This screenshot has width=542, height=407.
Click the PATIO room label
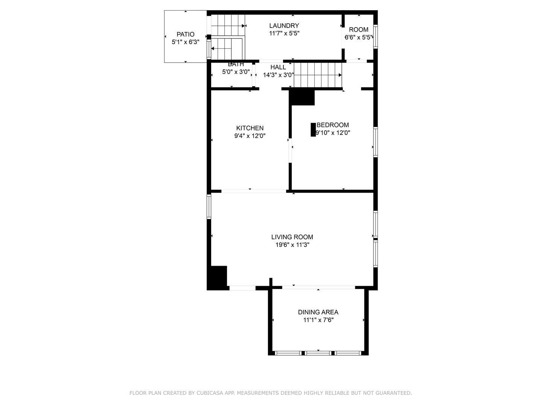point(185,34)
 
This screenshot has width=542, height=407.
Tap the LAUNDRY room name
point(284,26)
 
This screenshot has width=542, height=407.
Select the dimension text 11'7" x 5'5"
point(284,33)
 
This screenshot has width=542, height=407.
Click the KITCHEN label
point(250,128)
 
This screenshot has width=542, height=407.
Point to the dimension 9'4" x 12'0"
point(250,136)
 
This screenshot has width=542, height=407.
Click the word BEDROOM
point(333,125)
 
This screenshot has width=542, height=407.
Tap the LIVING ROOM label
point(292,237)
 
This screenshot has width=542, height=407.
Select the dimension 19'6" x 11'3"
point(292,245)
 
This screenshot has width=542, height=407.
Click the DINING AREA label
point(318,312)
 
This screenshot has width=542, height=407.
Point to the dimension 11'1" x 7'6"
point(318,320)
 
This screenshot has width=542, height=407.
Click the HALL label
point(278,67)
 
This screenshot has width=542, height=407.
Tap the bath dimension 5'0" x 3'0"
point(236,72)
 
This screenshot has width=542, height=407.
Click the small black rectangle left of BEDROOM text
point(313,130)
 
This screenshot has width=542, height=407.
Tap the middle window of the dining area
point(318,353)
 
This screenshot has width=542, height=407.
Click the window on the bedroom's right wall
point(375,142)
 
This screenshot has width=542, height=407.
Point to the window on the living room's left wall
point(209,207)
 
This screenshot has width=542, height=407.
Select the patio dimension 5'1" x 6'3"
point(185,42)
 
